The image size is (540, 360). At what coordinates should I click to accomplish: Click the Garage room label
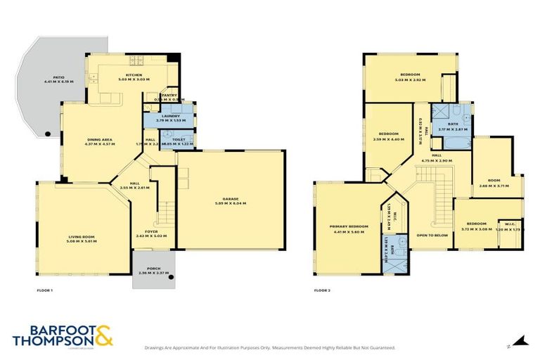(231, 199)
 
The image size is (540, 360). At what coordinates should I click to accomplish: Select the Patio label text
(48, 79)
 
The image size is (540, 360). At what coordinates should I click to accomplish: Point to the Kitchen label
(134, 75)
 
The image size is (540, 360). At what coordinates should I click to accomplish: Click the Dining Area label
(100, 141)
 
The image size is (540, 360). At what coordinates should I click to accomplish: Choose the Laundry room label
(170, 116)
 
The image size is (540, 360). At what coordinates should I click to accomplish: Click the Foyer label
(151, 233)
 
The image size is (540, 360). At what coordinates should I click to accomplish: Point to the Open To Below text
(432, 236)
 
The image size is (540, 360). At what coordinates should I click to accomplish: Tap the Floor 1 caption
(44, 290)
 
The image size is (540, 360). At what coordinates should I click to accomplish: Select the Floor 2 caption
(322, 290)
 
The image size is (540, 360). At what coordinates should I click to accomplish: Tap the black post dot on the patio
(47, 134)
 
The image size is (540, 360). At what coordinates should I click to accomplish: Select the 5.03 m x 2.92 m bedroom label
(410, 77)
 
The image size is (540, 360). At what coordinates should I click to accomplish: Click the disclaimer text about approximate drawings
(269, 347)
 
